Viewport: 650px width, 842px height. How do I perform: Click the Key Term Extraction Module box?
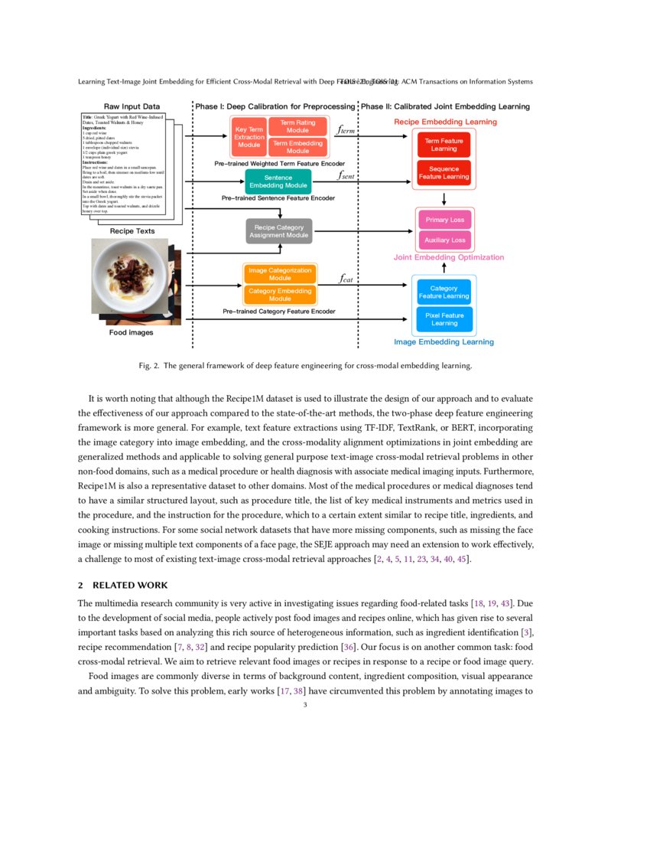click(x=249, y=137)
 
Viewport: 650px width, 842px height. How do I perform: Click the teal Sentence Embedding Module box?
click(x=278, y=181)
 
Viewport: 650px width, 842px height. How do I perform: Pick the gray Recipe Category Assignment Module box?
click(x=279, y=231)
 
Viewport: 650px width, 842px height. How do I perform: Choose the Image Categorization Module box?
click(x=280, y=273)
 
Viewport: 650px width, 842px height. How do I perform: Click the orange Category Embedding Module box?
click(x=280, y=295)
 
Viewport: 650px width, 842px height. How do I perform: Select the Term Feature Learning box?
click(x=444, y=145)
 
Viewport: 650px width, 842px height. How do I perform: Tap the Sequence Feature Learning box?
click(x=444, y=173)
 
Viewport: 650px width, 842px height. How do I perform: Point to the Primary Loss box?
click(x=444, y=220)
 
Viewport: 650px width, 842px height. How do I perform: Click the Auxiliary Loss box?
click(x=444, y=240)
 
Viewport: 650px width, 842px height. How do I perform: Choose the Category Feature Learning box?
click(x=444, y=292)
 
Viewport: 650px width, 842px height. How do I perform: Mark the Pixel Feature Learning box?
click(x=444, y=319)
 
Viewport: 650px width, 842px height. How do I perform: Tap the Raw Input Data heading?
click(x=132, y=106)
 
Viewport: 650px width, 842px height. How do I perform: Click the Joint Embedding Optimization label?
click(x=449, y=257)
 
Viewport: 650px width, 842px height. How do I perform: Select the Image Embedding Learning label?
click(x=444, y=342)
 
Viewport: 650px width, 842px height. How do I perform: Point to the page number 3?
click(x=305, y=705)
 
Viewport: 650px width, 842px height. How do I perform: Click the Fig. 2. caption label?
click(x=149, y=366)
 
